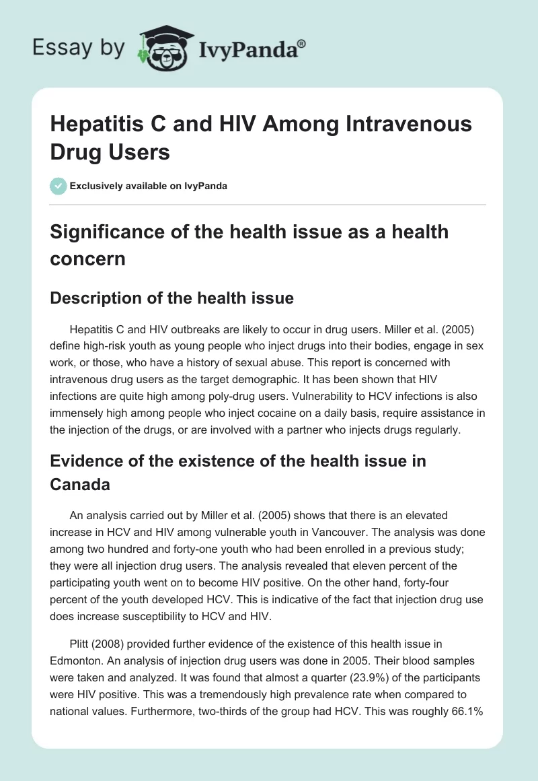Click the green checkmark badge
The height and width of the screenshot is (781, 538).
click(x=58, y=186)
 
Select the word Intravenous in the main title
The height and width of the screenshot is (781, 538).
click(x=414, y=125)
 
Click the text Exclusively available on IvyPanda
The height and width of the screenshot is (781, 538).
click(x=149, y=186)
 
